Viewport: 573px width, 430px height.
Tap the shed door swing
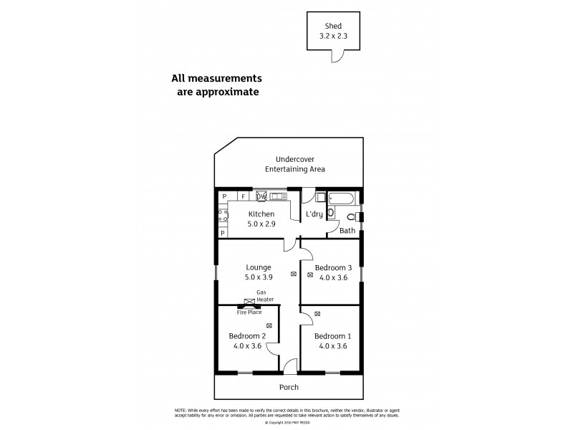345,57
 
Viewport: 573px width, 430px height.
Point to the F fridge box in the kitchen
244,196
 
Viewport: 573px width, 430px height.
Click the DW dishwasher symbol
261,196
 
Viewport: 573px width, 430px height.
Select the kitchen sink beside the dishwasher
278,196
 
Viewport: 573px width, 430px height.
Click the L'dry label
314,214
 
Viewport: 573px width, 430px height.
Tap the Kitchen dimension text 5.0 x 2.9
261,224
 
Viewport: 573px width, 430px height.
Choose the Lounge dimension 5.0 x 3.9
258,277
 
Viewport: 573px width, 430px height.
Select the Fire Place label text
249,312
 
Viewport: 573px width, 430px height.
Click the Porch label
289,387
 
